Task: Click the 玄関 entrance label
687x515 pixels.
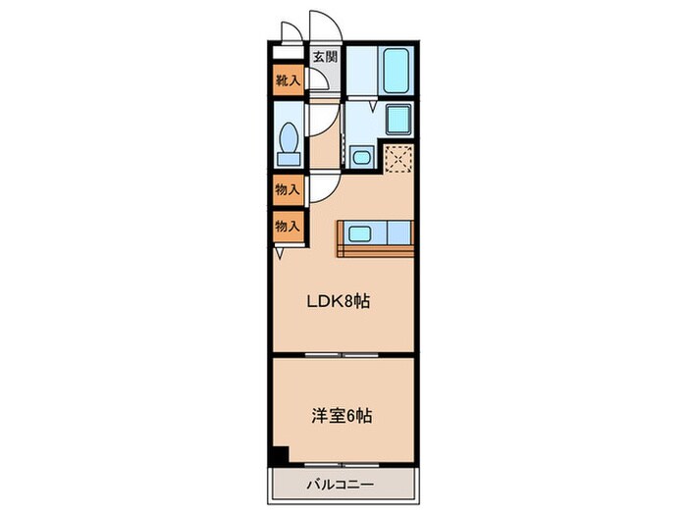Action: pyautogui.click(x=325, y=56)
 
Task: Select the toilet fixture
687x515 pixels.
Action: pyautogui.click(x=289, y=142)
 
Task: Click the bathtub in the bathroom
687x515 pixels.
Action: pyautogui.click(x=396, y=70)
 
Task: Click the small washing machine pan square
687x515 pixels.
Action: pyautogui.click(x=361, y=156)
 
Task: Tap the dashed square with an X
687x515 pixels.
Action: pyautogui.click(x=397, y=158)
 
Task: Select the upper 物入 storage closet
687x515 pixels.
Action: pyautogui.click(x=287, y=189)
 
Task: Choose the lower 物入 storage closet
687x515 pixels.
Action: pyautogui.click(x=287, y=225)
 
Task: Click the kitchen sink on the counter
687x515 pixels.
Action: pyautogui.click(x=358, y=233)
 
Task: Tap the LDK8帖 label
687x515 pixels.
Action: pyautogui.click(x=340, y=301)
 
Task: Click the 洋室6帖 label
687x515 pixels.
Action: pyautogui.click(x=340, y=416)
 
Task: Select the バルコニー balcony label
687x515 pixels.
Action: pyautogui.click(x=337, y=484)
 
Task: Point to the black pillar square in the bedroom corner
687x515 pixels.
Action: pyautogui.click(x=281, y=455)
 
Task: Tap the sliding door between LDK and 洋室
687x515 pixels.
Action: pyautogui.click(x=342, y=353)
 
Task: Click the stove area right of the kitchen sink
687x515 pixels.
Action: pyautogui.click(x=398, y=233)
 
